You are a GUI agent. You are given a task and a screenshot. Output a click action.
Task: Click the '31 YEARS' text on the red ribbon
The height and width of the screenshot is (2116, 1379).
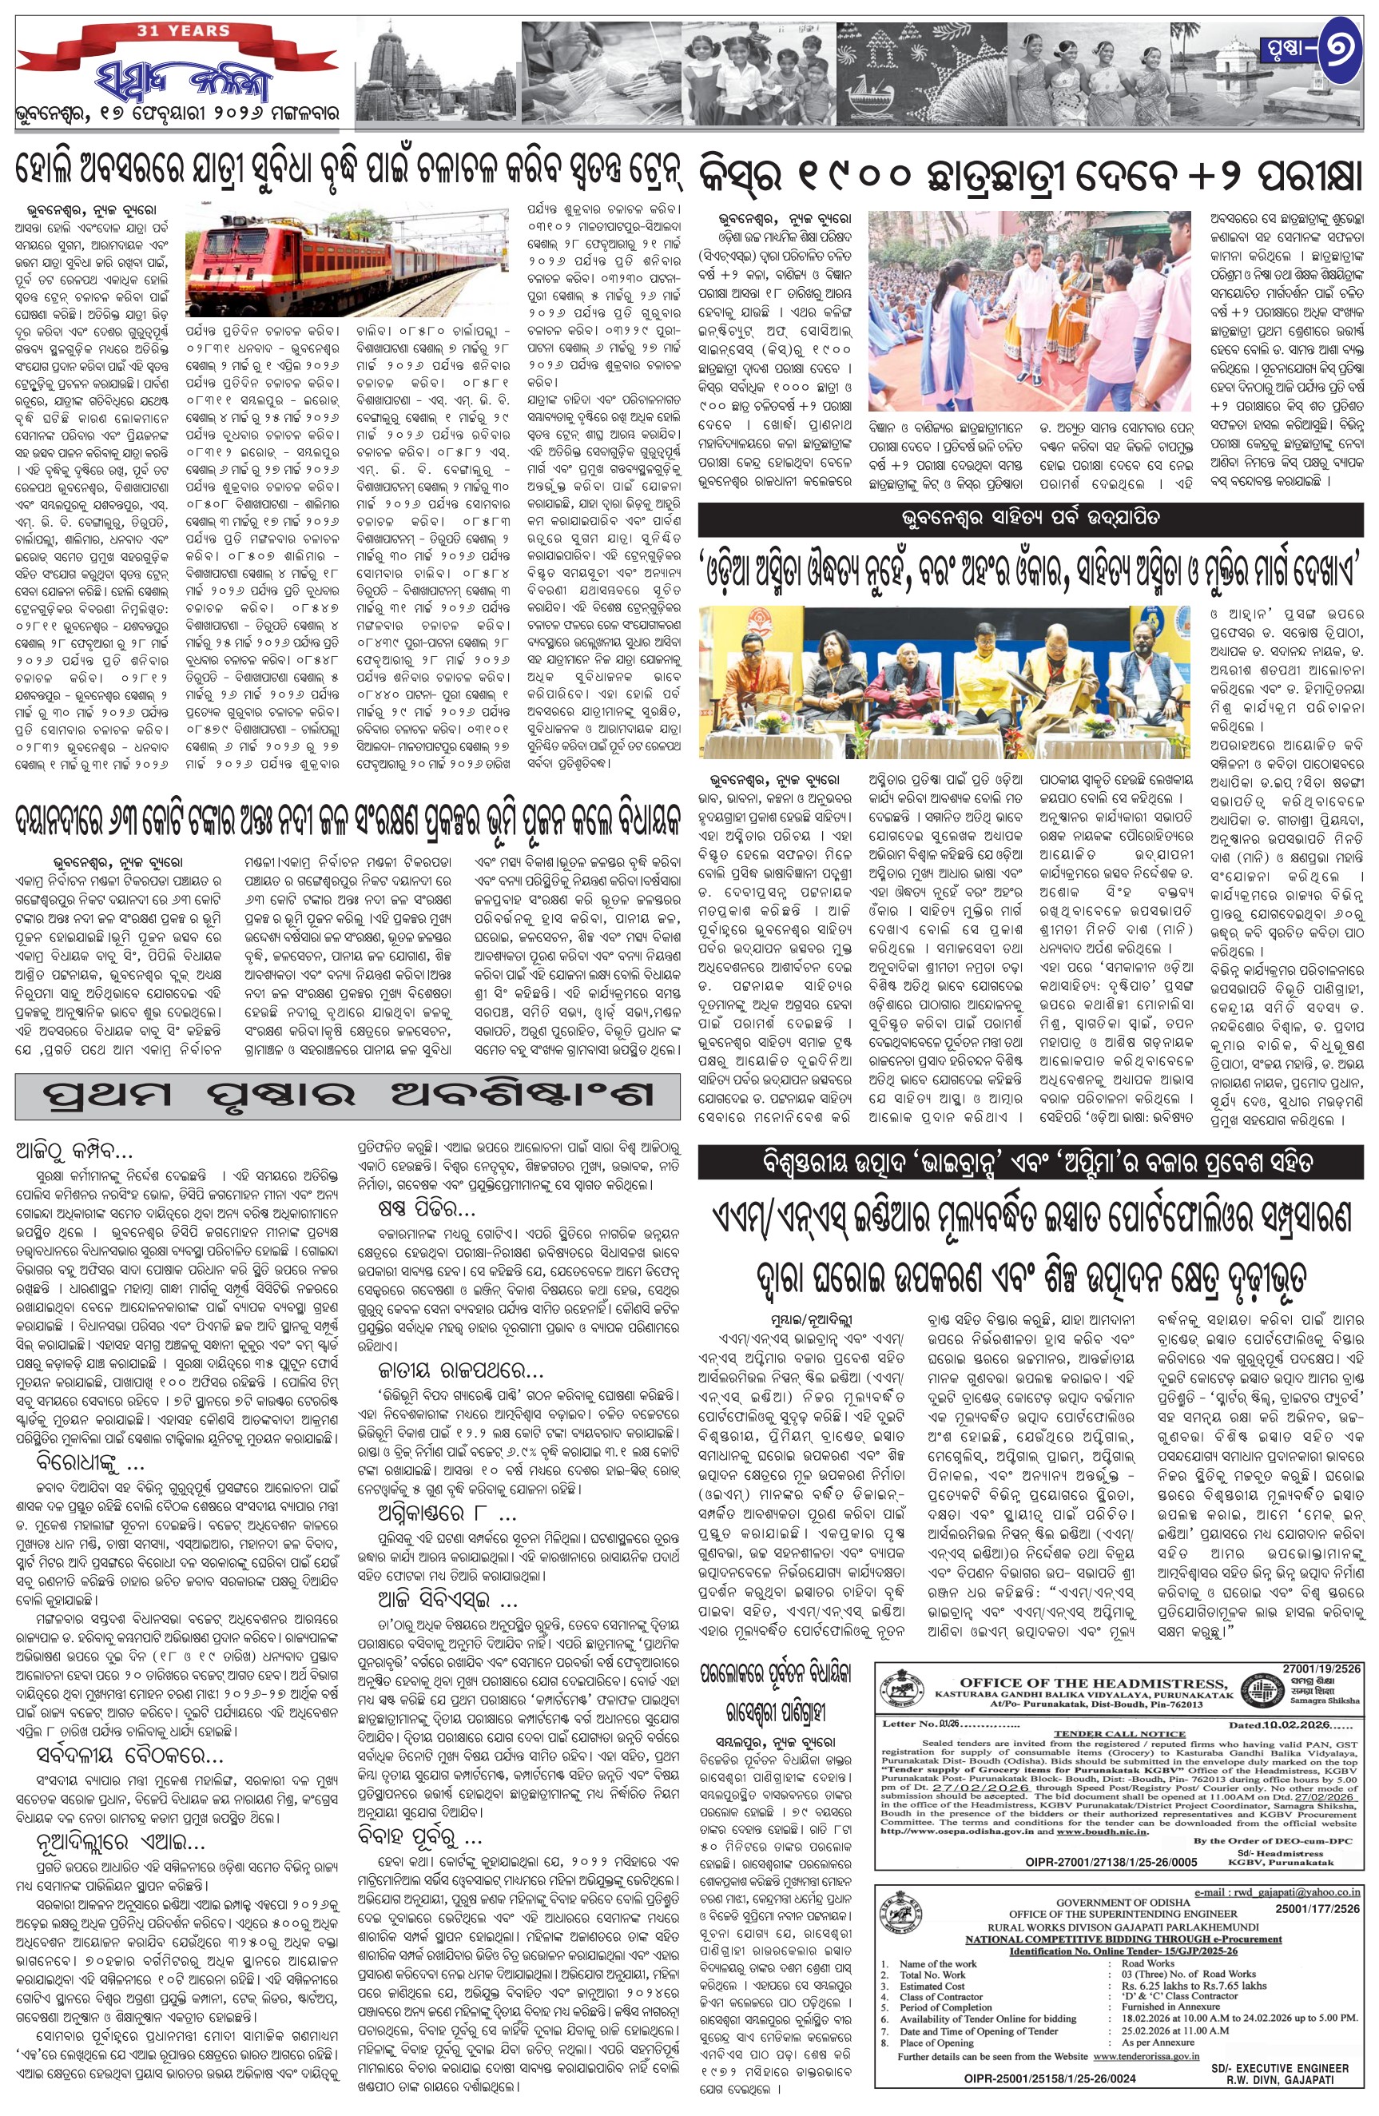point(182,30)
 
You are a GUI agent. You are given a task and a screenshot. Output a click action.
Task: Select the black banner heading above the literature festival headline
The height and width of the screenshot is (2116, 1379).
point(1030,518)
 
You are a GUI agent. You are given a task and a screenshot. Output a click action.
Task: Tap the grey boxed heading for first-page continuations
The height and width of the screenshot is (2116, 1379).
point(348,1096)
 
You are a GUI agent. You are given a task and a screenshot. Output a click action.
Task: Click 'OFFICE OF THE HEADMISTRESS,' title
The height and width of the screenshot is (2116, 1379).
point(1094,1683)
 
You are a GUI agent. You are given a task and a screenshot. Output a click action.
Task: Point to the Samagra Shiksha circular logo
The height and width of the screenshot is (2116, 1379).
point(1263,1692)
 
